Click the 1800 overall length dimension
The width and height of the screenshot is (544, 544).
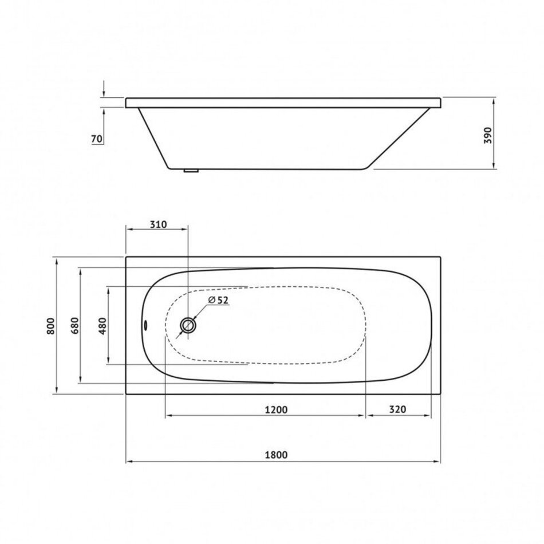coord(276,455)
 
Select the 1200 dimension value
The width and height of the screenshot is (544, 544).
coord(276,410)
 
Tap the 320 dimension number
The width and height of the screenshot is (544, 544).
coord(397,409)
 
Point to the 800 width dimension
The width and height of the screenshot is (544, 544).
coord(50,326)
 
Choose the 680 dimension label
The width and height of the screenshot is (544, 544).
coord(75,326)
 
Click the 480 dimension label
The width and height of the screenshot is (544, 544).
coord(103,326)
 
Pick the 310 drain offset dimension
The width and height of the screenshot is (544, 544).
coord(158,224)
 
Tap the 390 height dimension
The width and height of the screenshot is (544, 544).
coord(488,135)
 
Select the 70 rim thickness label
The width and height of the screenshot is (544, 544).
coord(97,139)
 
